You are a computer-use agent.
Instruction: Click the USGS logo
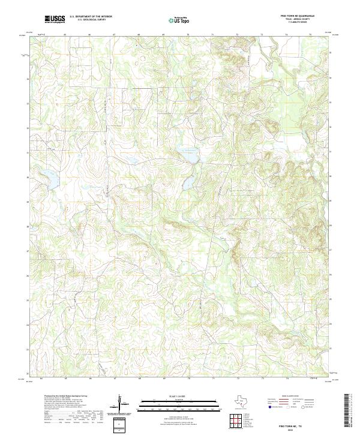[x=55, y=20]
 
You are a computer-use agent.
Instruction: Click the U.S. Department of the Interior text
[x=91, y=17]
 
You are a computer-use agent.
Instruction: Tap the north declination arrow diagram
[x=121, y=404]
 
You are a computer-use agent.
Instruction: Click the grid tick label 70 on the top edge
[x=188, y=35]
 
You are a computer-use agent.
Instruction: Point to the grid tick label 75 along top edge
[x=310, y=35]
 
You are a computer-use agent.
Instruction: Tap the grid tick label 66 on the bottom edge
[x=90, y=379]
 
